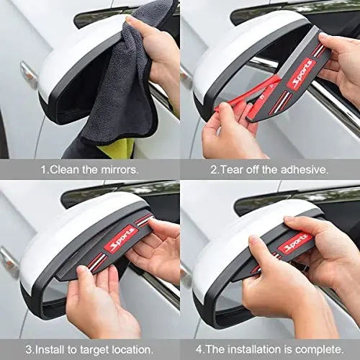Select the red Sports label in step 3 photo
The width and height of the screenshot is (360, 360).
(x=120, y=240)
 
